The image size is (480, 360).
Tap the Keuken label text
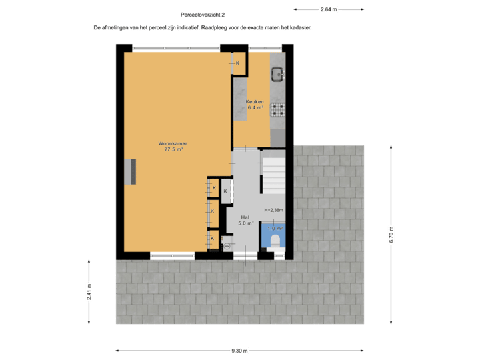click(x=255, y=102)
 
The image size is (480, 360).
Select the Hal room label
click(x=245, y=217)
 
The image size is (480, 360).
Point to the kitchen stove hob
click(x=277, y=108)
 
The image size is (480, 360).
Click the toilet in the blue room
click(x=275, y=239)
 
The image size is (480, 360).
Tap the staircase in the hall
click(x=273, y=174)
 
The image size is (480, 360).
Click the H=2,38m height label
click(x=273, y=210)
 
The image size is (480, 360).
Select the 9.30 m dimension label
click(x=239, y=351)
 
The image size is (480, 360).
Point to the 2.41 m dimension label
click(x=89, y=293)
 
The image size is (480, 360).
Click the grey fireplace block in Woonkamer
click(x=132, y=172)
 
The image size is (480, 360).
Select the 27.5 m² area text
click(x=173, y=149)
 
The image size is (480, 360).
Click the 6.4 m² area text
click(x=255, y=107)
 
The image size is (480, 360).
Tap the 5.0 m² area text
click(x=246, y=223)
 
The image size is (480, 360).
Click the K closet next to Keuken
click(x=237, y=63)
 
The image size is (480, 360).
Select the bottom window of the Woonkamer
click(x=172, y=254)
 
